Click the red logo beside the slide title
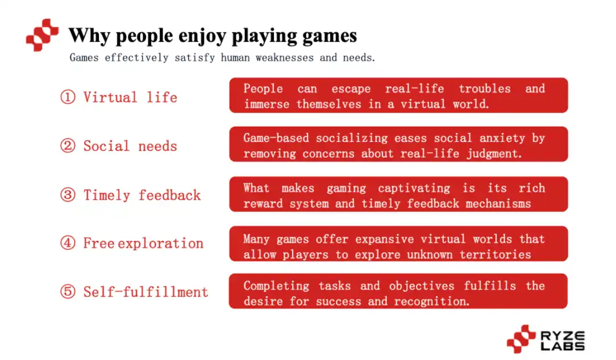42,35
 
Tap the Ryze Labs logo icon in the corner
521,339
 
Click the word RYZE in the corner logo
563,336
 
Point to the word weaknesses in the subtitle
285,58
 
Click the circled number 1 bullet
68,97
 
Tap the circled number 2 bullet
68,146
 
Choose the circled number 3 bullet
68,194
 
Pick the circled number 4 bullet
68,242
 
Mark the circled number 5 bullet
68,291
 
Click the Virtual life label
130,97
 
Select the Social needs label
130,146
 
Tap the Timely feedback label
142,195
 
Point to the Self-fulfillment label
145,292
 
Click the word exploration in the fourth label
161,244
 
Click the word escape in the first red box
351,89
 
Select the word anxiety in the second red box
502,138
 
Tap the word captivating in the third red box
414,189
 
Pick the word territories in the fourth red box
496,255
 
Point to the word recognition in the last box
431,302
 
